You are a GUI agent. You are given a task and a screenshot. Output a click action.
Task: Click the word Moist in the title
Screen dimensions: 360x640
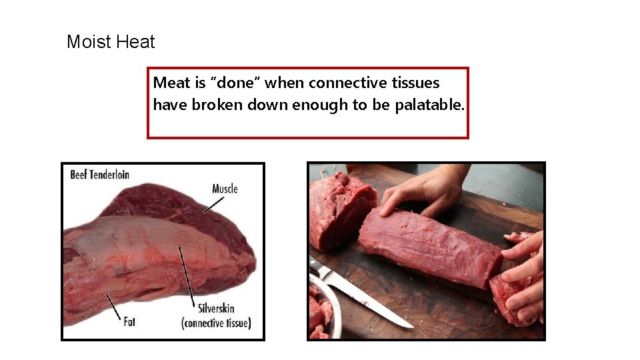tap(89, 43)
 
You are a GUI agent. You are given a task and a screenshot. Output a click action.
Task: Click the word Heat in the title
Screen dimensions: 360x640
tap(135, 43)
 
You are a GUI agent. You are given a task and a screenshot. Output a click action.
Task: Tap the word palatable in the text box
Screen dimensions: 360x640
tap(429, 105)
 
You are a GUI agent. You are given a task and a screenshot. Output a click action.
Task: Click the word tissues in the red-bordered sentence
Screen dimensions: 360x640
tap(416, 83)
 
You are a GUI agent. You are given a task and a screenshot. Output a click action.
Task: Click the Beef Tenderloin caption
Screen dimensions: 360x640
tap(100, 175)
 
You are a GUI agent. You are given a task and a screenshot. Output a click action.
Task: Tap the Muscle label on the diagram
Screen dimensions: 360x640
tap(225, 189)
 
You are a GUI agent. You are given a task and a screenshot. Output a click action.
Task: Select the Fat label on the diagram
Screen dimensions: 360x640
tap(129, 321)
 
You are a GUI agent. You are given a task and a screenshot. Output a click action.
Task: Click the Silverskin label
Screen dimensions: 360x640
tap(216, 309)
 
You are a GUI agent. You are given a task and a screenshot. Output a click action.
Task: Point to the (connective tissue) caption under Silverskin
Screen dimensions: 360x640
tap(216, 323)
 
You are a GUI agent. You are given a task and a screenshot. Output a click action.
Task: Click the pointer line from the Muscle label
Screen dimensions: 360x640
tap(214, 205)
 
